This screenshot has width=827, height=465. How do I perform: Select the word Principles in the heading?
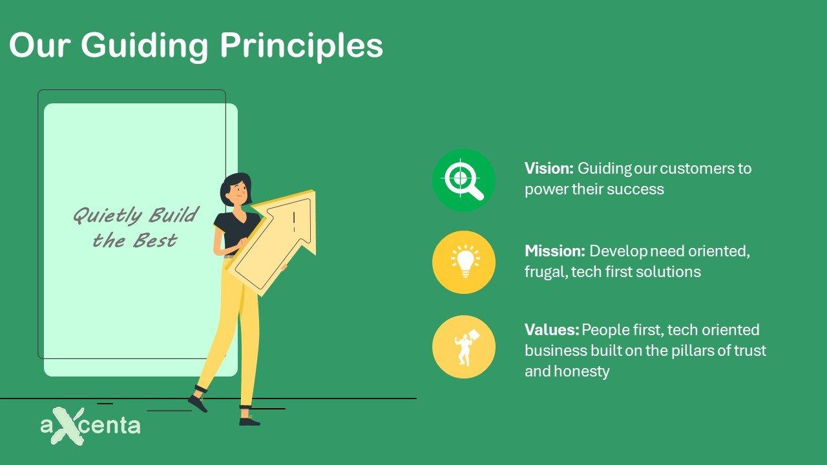[302, 46]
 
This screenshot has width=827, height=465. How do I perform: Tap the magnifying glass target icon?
[464, 180]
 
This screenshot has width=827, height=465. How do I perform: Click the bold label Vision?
[549, 169]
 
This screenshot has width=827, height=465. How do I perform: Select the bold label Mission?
[554, 251]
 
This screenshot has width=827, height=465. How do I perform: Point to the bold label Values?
[552, 330]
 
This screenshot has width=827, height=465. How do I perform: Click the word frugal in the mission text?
[546, 273]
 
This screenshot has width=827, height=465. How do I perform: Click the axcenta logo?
[90, 426]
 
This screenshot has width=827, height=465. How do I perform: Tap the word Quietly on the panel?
[107, 215]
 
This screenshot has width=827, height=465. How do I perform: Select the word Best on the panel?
[155, 241]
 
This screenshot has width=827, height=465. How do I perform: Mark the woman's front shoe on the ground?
[249, 421]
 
